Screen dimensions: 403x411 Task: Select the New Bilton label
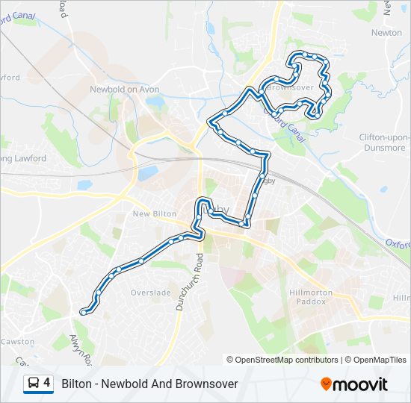[154, 214]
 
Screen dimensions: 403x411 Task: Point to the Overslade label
[151, 293]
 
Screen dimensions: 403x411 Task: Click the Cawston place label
[16, 341]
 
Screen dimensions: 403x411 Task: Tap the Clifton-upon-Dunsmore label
[384, 143]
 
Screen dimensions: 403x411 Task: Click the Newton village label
[386, 33]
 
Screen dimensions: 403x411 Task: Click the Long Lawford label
[24, 158]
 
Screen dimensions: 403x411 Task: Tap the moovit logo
[354, 384]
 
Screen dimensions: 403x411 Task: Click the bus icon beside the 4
[34, 384]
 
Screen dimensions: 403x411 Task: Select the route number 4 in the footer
[48, 384]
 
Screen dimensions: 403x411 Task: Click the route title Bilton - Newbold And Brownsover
[149, 384]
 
